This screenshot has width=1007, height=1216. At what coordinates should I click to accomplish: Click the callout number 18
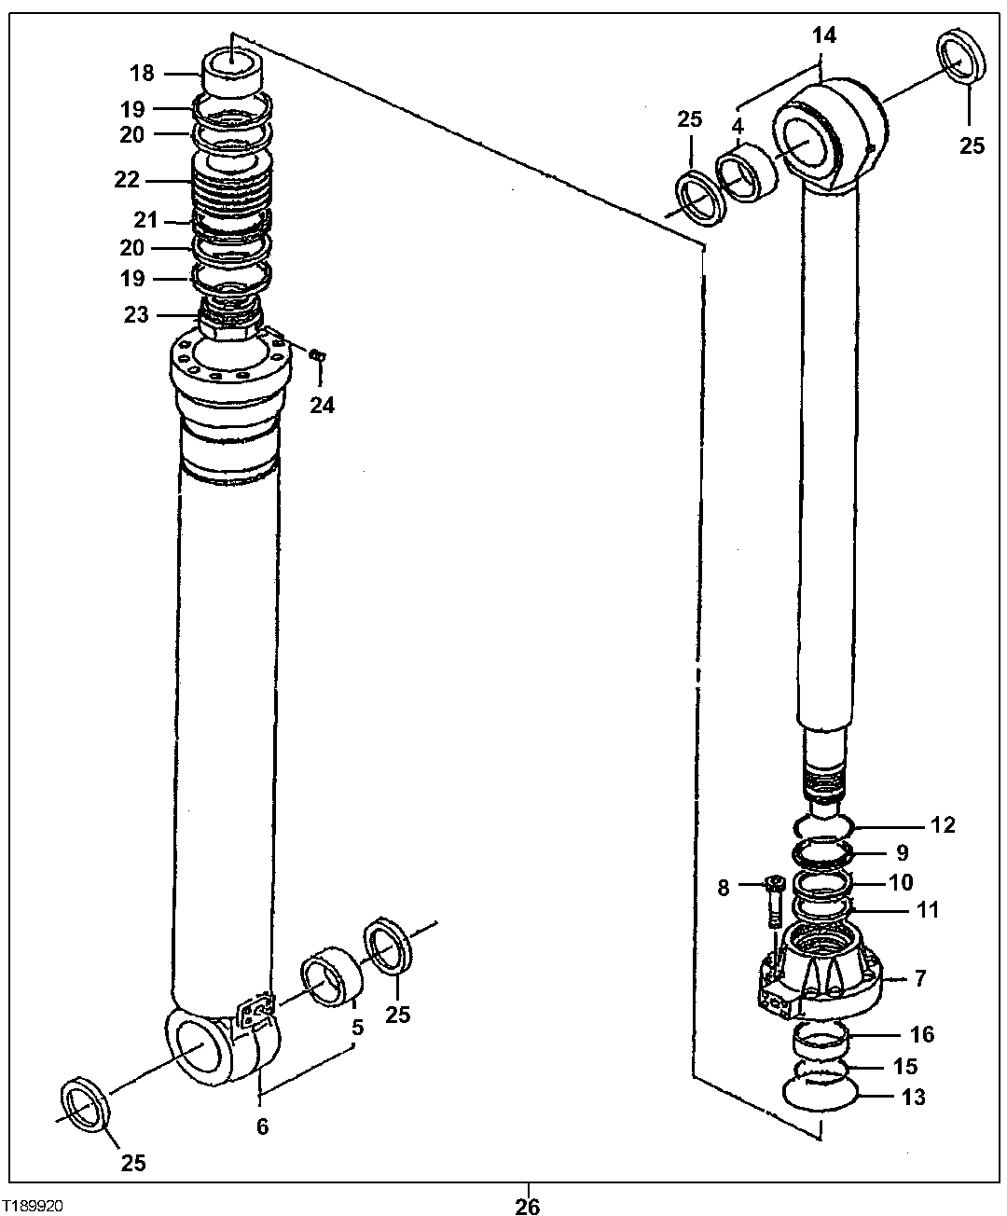141,73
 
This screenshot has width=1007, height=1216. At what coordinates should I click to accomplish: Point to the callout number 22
127,180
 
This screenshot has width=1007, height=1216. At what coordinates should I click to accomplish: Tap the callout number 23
136,314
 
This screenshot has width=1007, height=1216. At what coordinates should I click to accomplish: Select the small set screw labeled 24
317,354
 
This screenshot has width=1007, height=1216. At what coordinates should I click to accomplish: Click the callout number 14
823,35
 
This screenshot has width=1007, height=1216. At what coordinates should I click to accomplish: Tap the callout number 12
943,824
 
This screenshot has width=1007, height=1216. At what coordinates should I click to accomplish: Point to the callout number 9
901,851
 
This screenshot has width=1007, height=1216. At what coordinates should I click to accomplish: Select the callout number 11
928,909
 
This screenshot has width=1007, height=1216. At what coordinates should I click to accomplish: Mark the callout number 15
905,1066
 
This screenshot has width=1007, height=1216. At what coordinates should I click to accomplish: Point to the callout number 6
262,1126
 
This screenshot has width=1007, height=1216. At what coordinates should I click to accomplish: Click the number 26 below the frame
527,1206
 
